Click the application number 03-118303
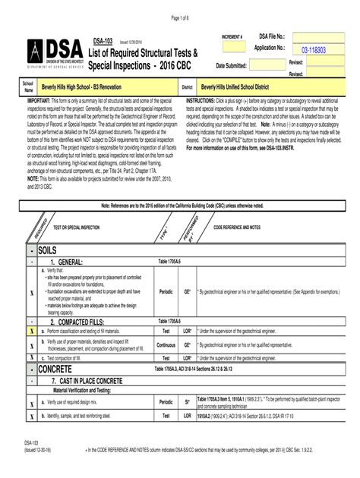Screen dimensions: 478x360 click(x=313, y=49)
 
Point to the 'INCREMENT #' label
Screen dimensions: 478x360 click(x=232, y=36)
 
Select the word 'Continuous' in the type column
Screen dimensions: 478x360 click(x=166, y=342)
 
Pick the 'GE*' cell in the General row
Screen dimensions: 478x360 click(x=187, y=291)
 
